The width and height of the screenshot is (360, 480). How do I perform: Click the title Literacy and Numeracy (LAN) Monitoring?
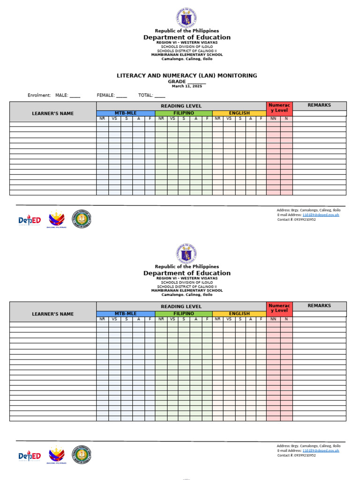pyautogui.click(x=187, y=75)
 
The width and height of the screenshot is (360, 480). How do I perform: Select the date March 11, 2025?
pyautogui.click(x=187, y=86)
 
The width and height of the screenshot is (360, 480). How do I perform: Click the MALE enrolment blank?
pyautogui.click(x=75, y=96)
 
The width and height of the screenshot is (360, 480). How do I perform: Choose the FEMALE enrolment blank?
pyautogui.click(x=121, y=96)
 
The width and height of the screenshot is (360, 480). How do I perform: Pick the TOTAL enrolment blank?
pyautogui.click(x=159, y=96)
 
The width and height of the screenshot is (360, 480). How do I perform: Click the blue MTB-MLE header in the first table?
pyautogui.click(x=125, y=113)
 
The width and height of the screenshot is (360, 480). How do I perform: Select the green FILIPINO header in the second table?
pyautogui.click(x=184, y=314)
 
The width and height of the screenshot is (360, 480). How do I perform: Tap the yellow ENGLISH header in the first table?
pyautogui.click(x=239, y=113)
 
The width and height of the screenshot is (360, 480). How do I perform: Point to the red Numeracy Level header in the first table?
pyautogui.click(x=279, y=108)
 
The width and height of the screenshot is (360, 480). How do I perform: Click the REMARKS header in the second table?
pyautogui.click(x=319, y=306)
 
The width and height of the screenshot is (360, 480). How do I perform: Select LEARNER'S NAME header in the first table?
pyautogui.click(x=53, y=113)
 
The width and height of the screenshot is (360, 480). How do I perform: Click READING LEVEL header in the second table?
pyautogui.click(x=181, y=307)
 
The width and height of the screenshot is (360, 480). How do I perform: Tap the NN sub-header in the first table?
pyautogui.click(x=273, y=119)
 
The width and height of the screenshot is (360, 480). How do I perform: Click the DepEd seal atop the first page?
pyautogui.click(x=187, y=18)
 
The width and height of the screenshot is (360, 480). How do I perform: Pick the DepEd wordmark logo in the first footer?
pyautogui.click(x=30, y=220)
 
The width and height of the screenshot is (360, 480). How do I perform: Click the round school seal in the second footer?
pyautogui.click(x=82, y=455)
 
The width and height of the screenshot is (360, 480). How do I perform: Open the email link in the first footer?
pyautogui.click(x=321, y=215)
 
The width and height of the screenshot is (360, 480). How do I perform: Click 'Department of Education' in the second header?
pyautogui.click(x=187, y=273)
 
